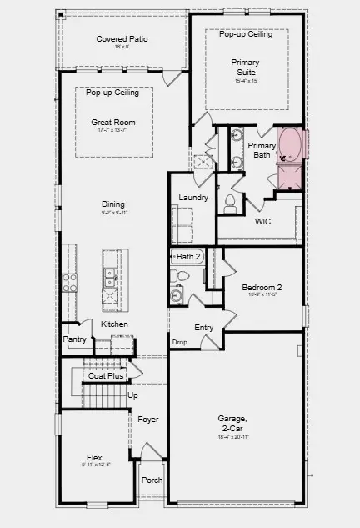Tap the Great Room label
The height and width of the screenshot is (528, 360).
112,123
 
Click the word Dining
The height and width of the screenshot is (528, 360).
112,204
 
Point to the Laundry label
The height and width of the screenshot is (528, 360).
192,197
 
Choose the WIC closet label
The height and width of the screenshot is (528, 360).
262,222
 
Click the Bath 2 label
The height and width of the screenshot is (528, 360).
189,256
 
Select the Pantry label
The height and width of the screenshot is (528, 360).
75,340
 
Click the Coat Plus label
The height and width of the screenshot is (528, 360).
107,376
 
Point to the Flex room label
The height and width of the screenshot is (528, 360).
94,457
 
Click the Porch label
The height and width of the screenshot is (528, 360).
152,480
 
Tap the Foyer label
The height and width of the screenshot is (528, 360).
148,420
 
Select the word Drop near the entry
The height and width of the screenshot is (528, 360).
179,342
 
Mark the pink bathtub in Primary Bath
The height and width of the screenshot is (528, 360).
291,144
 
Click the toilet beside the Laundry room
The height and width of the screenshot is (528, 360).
230,201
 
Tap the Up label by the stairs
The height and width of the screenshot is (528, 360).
132,395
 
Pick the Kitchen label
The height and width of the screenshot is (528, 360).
114,324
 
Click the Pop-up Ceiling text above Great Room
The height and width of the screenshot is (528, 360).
112,93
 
